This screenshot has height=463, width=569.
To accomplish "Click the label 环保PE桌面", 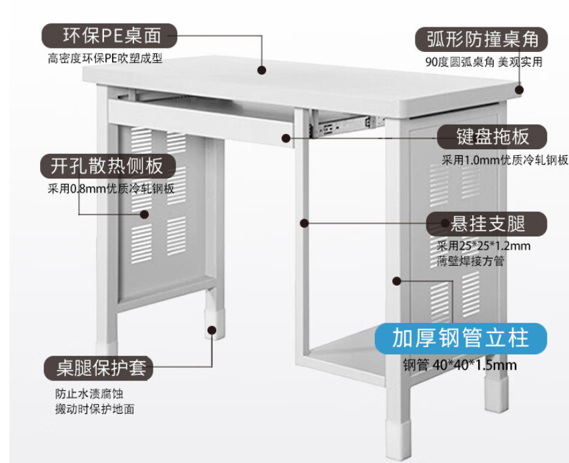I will pos(111,35).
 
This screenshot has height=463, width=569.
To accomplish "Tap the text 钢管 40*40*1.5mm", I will pos(460,365).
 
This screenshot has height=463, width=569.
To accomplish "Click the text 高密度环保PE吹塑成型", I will pos(105,59).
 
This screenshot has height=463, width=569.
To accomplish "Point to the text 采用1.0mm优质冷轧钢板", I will pos(505,160).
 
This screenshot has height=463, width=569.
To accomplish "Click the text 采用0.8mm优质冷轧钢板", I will pos(111,189).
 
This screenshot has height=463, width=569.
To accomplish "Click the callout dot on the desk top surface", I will pos(261,69).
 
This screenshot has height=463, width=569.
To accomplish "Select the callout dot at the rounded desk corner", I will pos(518,89).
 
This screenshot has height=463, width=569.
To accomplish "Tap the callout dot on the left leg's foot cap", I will pos(213,329).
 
